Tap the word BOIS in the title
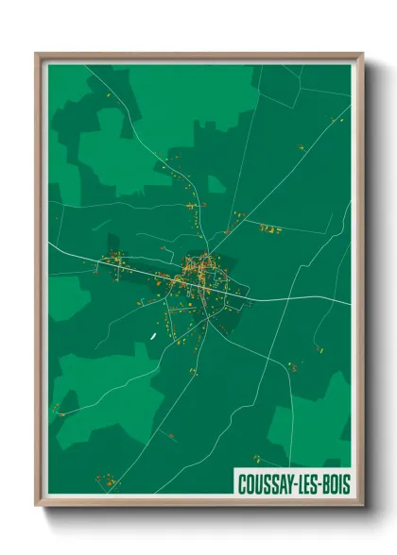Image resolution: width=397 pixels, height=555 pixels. tap(331, 482)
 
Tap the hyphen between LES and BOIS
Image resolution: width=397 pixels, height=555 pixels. tap(318, 483)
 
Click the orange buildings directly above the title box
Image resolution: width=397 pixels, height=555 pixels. tap(257, 460)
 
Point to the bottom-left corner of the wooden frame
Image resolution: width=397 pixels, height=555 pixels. tap(37, 505)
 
